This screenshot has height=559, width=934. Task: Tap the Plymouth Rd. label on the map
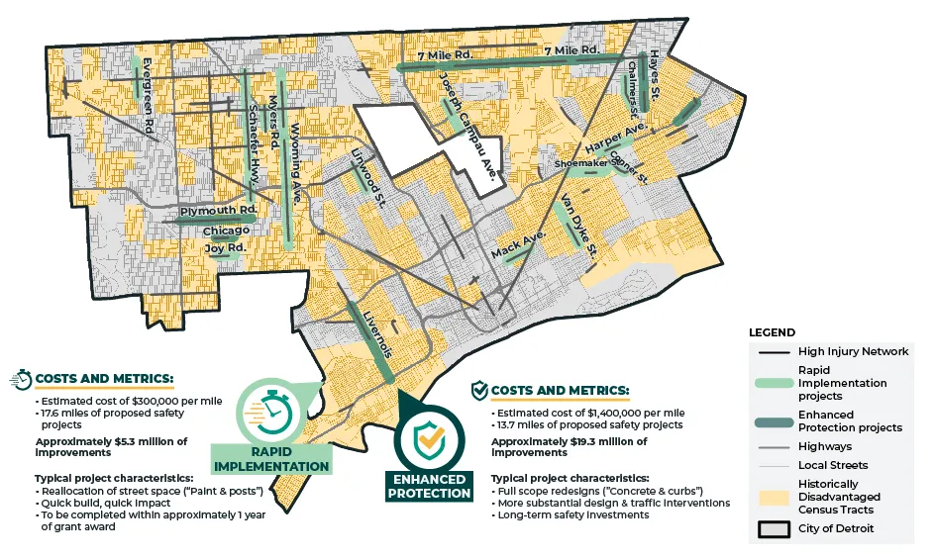coord(218,212)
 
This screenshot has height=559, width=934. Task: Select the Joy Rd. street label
coord(225,247)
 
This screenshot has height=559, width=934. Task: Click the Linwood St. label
coord(368,176)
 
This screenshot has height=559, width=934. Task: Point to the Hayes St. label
coord(655,77)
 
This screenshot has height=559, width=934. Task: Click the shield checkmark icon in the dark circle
coord(428,435)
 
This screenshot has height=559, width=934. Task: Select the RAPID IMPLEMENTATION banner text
coord(269,459)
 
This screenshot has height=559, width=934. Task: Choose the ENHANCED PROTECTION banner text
coord(428,485)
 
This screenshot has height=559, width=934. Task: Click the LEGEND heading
coord(773,332)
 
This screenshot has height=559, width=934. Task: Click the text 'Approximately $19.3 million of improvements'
coord(569,447)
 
